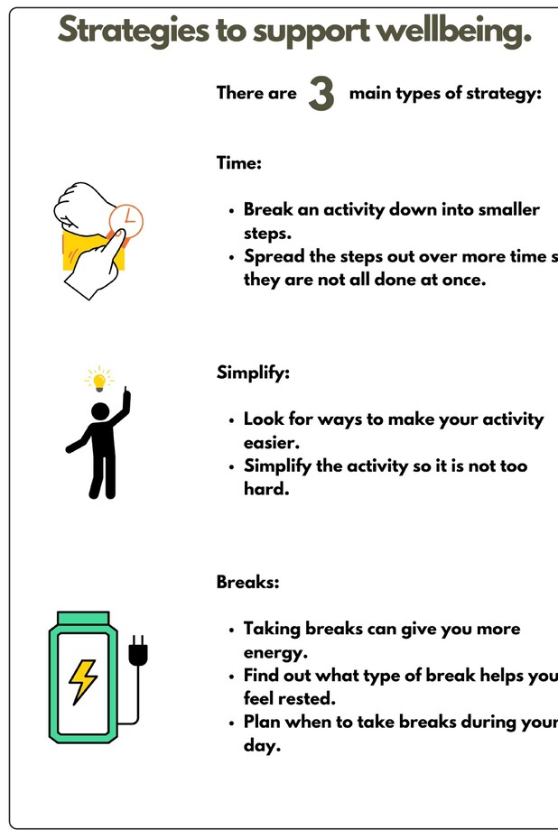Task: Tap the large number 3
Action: [321, 94]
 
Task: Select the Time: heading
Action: [239, 163]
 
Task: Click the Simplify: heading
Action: [254, 373]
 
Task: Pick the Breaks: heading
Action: [248, 582]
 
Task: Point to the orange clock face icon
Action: [126, 219]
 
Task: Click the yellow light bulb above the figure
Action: [99, 380]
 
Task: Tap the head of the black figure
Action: [100, 412]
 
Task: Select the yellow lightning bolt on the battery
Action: [83, 681]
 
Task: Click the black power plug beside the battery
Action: [138, 652]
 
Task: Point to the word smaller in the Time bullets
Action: [507, 210]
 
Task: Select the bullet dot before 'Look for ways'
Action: [233, 420]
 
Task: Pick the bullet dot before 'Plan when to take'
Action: [233, 723]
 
